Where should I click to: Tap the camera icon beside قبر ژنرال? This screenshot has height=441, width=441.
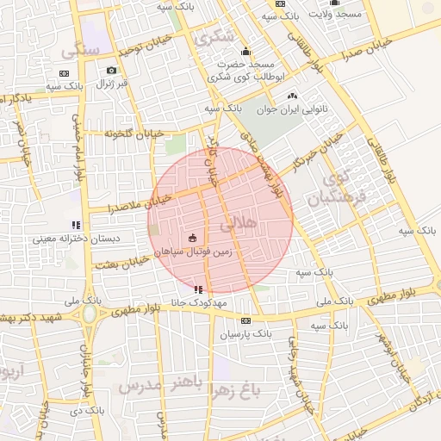[x=111, y=71]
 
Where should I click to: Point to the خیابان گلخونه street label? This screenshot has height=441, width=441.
[x=134, y=134]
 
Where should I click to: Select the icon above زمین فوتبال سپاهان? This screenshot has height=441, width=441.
[x=192, y=237]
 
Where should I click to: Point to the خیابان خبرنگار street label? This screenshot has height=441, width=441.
[x=315, y=158]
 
